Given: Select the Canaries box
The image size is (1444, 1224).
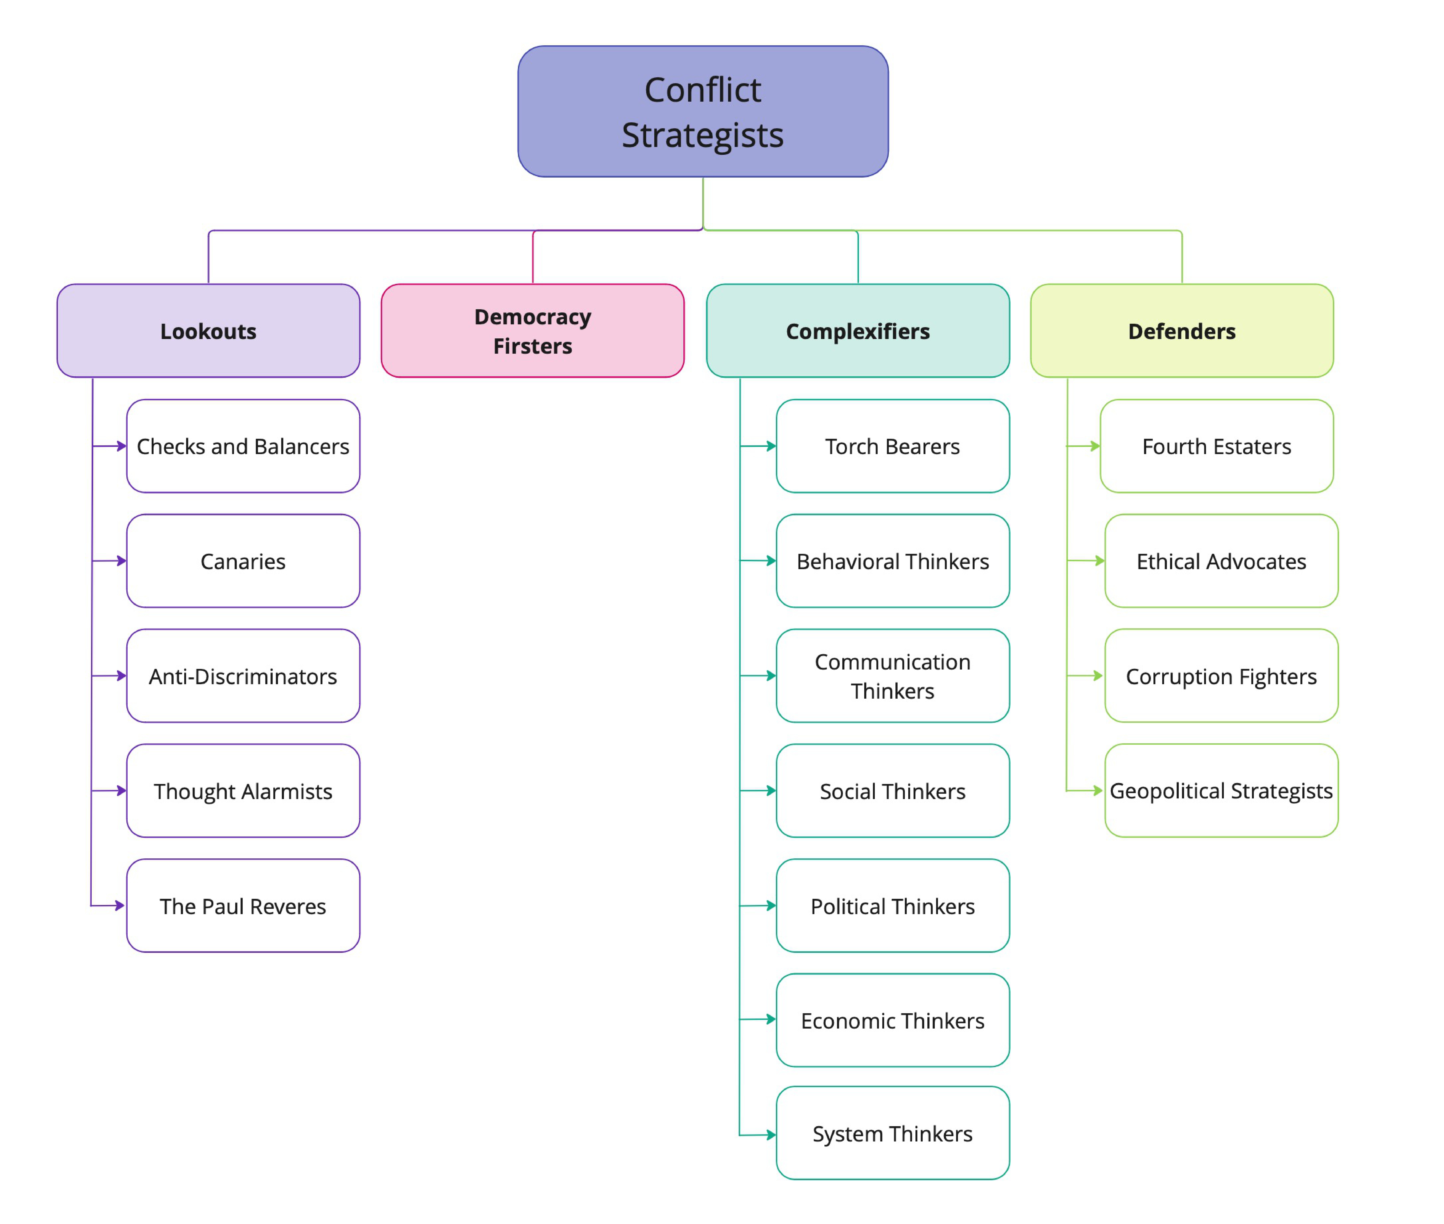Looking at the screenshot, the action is pos(243,561).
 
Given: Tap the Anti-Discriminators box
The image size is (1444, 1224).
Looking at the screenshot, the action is pos(243,676).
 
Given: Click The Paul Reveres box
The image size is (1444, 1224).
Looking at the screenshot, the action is pos(243,906).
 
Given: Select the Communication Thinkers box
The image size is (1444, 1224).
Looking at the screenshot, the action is pos(892,676).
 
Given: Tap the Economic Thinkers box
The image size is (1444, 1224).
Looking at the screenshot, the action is pos(892,1020).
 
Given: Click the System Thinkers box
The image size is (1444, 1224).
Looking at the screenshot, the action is pos(892,1133).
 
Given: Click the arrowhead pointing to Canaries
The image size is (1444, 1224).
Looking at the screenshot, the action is pos(121,561).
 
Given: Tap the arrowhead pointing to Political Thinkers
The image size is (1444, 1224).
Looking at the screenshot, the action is pos(771,906).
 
